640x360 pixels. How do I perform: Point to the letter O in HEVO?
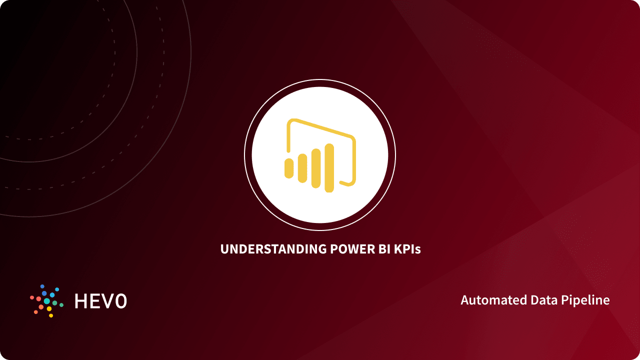click(x=120, y=300)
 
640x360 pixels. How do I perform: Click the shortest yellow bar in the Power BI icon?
click(x=288, y=168)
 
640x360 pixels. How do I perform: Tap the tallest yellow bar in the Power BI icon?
click(x=329, y=168)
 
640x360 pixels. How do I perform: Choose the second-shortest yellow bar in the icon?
click(x=302, y=168)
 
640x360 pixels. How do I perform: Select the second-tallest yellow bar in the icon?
click(x=315, y=168)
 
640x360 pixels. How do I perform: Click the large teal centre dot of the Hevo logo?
click(x=47, y=301)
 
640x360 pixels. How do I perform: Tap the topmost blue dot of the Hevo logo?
click(x=42, y=286)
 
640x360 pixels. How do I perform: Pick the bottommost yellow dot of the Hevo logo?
click(x=51, y=315)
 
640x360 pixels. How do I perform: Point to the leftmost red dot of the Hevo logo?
click(x=32, y=298)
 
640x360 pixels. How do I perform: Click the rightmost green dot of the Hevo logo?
click(x=61, y=304)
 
